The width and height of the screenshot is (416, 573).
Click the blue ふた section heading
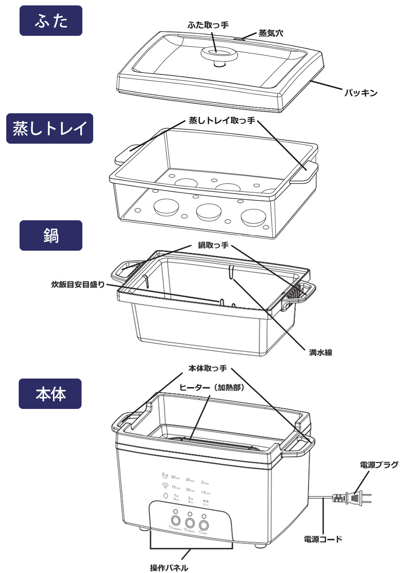51,21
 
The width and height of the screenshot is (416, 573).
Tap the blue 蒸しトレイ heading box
50,128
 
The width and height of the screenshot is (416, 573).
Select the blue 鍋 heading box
51,235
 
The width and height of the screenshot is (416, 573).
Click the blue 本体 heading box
50,394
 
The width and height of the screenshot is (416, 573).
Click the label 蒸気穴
271,33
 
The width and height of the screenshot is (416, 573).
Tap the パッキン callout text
361,93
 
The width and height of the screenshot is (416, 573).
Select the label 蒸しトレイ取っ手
222,121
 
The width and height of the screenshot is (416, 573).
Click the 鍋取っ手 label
213,245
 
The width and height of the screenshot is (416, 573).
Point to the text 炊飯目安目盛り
78,285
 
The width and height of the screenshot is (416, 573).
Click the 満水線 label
320,353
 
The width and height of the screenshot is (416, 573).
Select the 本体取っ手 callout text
208,369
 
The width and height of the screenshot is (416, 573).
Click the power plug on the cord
354,497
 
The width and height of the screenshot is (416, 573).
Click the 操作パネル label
169,568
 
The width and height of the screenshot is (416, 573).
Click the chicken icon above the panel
165,476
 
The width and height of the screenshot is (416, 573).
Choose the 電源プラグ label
379,465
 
